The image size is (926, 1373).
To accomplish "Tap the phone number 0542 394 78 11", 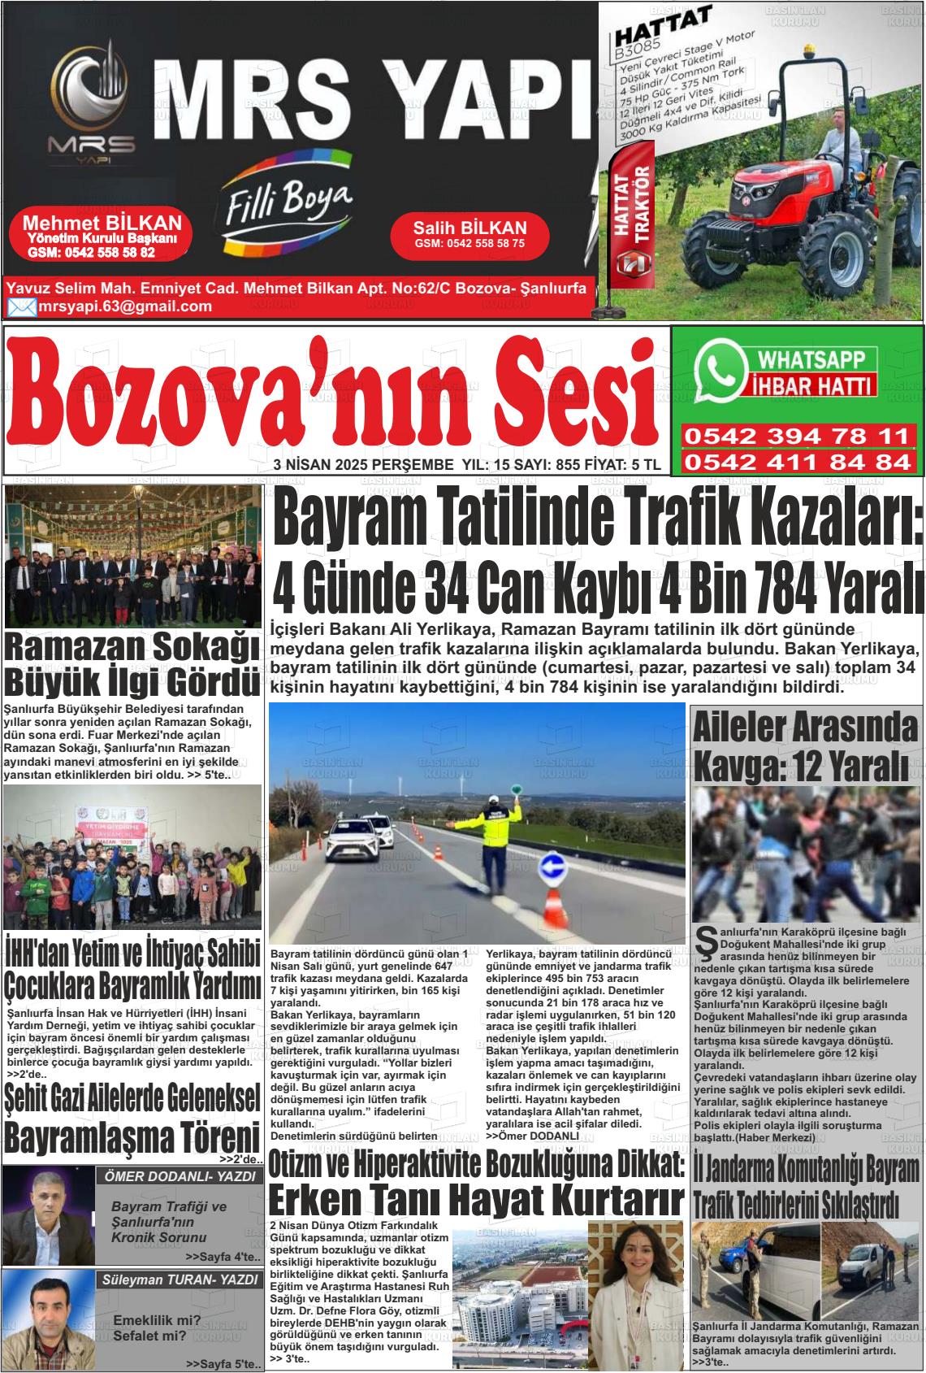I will click(796, 436).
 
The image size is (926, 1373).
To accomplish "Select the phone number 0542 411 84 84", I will click(796, 463).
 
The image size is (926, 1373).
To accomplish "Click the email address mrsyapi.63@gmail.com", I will click(124, 306).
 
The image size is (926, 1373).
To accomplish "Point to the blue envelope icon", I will click(21, 307).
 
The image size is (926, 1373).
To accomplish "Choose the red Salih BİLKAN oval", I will click(469, 235).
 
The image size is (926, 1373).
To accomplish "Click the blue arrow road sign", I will click(555, 865).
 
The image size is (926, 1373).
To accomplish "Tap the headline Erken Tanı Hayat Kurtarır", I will click(475, 1199).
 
